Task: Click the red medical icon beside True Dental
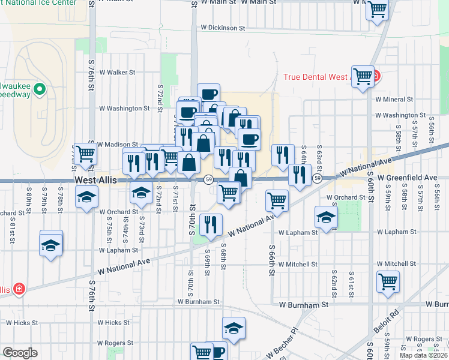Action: pyautogui.click(x=376, y=76)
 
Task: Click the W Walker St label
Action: pyautogui.click(x=117, y=72)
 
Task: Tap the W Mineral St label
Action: pyautogui.click(x=394, y=100)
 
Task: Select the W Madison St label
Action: pyautogui.click(x=118, y=145)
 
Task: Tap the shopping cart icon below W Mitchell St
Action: pyautogui.click(x=388, y=281)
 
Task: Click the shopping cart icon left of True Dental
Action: pyautogui.click(x=363, y=76)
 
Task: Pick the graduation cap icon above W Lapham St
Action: pyautogui.click(x=326, y=217)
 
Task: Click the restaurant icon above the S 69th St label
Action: pyautogui.click(x=210, y=224)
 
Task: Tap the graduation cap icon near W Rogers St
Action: pyautogui.click(x=233, y=328)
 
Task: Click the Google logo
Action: pyautogui.click(x=20, y=353)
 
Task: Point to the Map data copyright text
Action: pyautogui.click(x=424, y=355)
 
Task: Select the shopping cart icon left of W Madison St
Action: pyautogui.click(x=85, y=154)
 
